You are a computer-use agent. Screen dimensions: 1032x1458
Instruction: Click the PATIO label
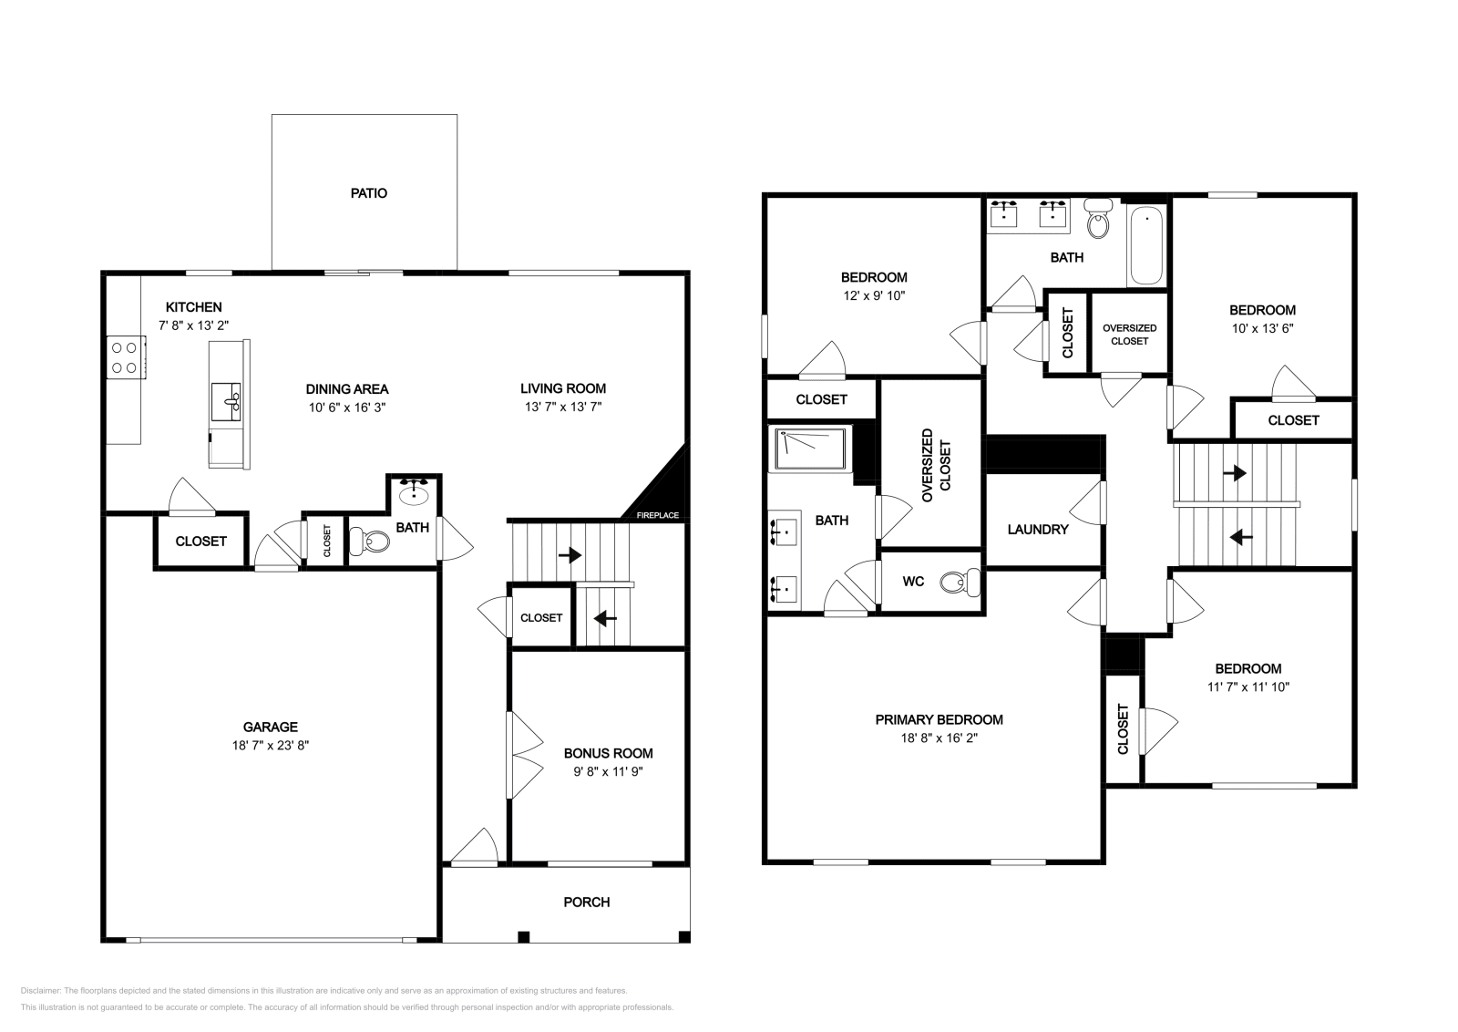(x=369, y=193)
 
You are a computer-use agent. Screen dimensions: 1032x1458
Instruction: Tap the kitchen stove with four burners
(x=125, y=356)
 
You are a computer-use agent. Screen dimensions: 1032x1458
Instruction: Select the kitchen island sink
(x=226, y=400)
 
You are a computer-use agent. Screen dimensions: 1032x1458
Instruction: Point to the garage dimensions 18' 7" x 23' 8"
(x=270, y=745)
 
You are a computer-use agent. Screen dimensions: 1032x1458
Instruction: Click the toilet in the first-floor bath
(x=372, y=542)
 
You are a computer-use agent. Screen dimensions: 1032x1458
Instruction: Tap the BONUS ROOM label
(x=608, y=753)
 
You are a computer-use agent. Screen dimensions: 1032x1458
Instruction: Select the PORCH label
(x=587, y=902)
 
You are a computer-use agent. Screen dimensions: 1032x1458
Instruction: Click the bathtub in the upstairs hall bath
(x=1146, y=244)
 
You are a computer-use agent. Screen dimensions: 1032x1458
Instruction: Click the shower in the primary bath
(x=809, y=449)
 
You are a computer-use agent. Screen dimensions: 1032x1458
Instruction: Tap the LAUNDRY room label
(x=1037, y=529)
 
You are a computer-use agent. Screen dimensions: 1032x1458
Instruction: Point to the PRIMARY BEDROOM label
(x=939, y=719)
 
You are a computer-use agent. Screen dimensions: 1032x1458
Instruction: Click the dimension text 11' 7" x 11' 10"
(x=1248, y=686)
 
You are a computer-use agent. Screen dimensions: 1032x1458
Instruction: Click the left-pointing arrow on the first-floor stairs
(x=605, y=618)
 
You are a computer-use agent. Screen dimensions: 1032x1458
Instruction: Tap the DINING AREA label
(x=346, y=388)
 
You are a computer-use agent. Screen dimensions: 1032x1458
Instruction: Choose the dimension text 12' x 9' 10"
(x=873, y=295)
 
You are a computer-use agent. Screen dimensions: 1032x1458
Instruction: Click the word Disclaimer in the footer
(x=39, y=990)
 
